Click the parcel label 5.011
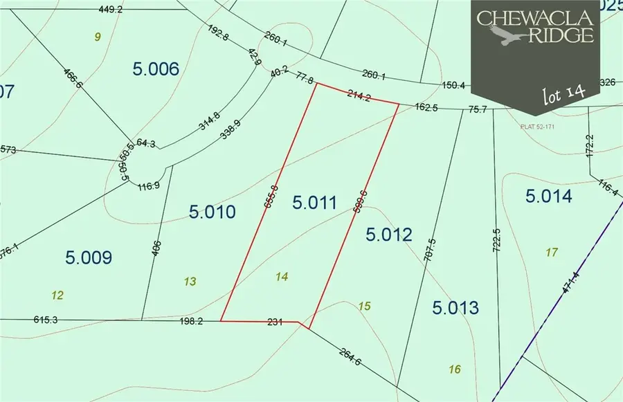point(314,203)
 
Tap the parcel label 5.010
point(213,212)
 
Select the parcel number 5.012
point(388,235)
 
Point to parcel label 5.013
point(456,307)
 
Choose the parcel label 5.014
point(549,197)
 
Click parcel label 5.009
point(89,258)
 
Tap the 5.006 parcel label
point(155,68)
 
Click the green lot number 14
point(281,276)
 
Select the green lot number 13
point(191,281)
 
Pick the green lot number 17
point(551,253)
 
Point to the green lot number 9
point(98,37)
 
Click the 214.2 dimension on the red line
point(361,98)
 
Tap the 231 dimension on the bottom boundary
point(276,321)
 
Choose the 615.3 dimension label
point(46,319)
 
